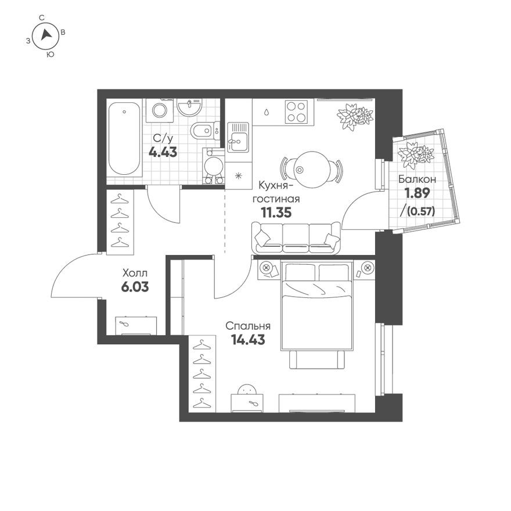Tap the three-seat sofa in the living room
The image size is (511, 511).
click(x=296, y=238)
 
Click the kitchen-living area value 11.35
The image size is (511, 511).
click(x=276, y=212)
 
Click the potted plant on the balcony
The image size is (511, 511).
click(x=416, y=153)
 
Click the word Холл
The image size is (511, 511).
click(x=135, y=272)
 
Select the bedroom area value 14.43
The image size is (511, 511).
click(x=248, y=340)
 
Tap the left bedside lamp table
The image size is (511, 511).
click(x=267, y=268)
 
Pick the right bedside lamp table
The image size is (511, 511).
click(x=366, y=268)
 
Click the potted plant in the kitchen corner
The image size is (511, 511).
click(x=354, y=116)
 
